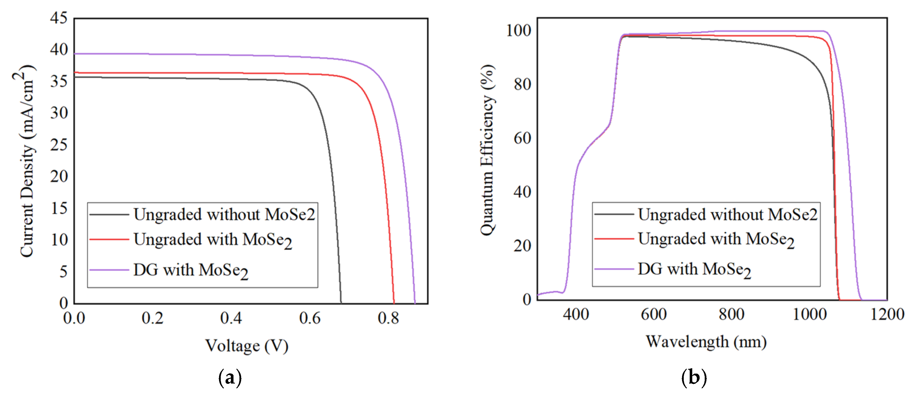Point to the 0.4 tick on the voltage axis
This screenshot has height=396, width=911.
click(231, 318)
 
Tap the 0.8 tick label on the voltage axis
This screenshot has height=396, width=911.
click(388, 318)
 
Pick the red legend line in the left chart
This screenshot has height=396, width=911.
click(109, 239)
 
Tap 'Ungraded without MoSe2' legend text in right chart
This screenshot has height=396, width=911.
click(727, 215)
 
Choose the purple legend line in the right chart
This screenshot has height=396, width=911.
click(613, 269)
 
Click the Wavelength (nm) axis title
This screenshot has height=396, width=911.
click(706, 342)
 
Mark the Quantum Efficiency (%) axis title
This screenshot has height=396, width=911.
click(488, 150)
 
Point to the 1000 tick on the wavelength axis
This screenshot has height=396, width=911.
click(810, 314)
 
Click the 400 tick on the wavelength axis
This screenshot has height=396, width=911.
click(576, 314)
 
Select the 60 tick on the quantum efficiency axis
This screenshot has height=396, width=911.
click(522, 138)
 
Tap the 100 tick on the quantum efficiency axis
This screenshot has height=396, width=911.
click(519, 31)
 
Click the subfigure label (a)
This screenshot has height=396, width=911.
click(230, 378)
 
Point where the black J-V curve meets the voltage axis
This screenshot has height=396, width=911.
click(341, 303)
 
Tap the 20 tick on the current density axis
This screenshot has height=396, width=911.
click(59, 176)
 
